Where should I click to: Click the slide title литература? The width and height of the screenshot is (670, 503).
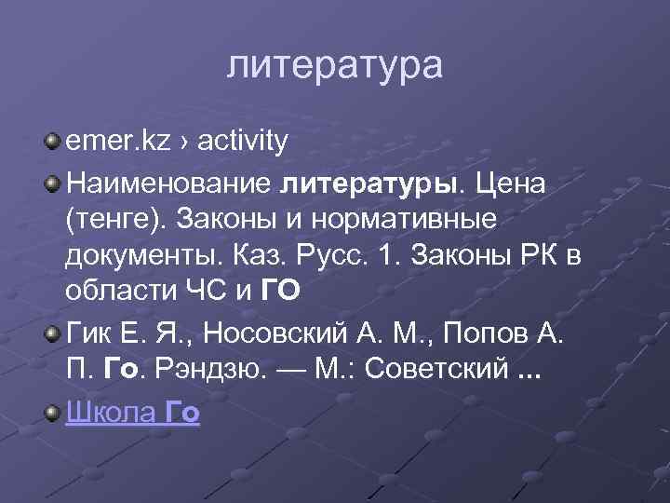tap(335, 66)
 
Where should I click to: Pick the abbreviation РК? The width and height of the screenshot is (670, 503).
tap(534, 255)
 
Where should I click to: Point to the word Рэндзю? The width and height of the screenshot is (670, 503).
tap(216, 369)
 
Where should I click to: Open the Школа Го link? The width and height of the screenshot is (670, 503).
tap(133, 412)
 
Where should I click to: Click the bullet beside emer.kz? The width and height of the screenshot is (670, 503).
tap(54, 142)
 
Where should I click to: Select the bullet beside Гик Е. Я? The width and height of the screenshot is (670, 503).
tap(54, 331)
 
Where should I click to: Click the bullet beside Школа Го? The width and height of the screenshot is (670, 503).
tap(54, 411)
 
